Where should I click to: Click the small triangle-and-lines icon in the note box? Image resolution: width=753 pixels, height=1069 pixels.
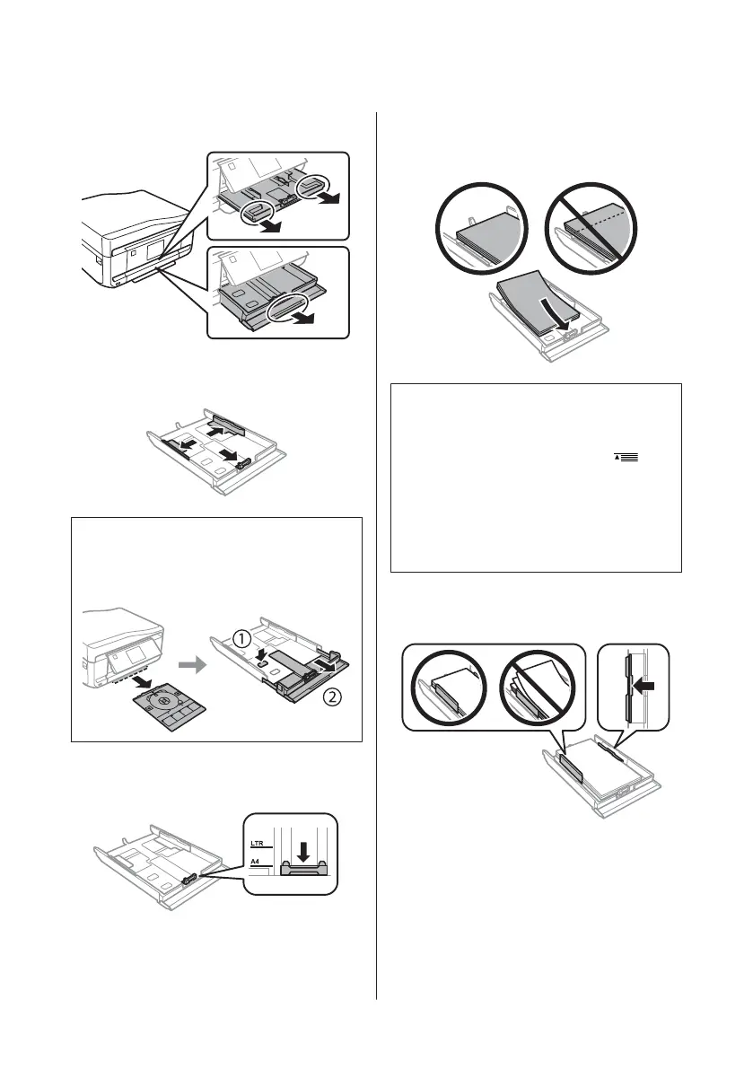pyautogui.click(x=626, y=458)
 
